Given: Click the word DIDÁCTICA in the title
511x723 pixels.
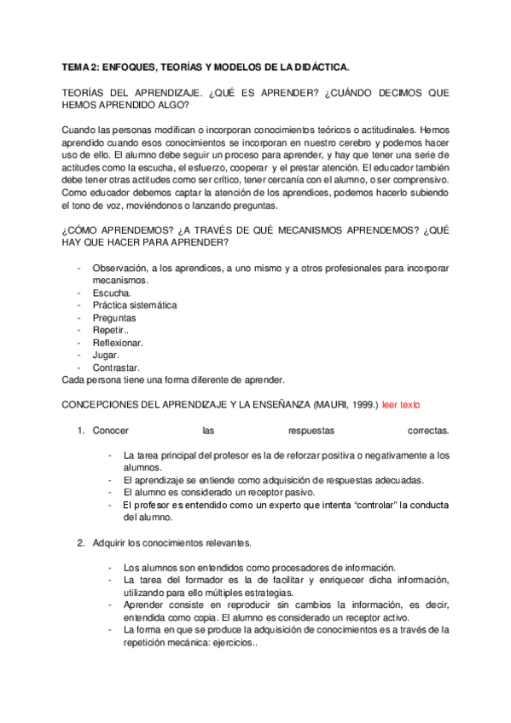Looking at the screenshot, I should click(x=322, y=66).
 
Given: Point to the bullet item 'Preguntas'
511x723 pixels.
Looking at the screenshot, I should click(x=114, y=318).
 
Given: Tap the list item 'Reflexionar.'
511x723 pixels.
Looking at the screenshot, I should click(x=118, y=343).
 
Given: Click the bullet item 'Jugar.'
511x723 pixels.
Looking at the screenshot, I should click(x=106, y=355).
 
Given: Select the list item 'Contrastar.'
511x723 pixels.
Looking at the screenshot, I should click(x=116, y=367).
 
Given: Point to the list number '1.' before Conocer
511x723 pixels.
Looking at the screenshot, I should click(x=81, y=431).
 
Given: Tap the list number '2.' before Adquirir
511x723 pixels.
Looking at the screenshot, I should click(x=81, y=542).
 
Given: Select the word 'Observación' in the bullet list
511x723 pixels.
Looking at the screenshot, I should click(x=119, y=268).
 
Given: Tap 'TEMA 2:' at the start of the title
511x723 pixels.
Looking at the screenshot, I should click(x=83, y=66).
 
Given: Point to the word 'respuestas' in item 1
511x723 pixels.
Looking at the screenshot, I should click(x=312, y=431).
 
